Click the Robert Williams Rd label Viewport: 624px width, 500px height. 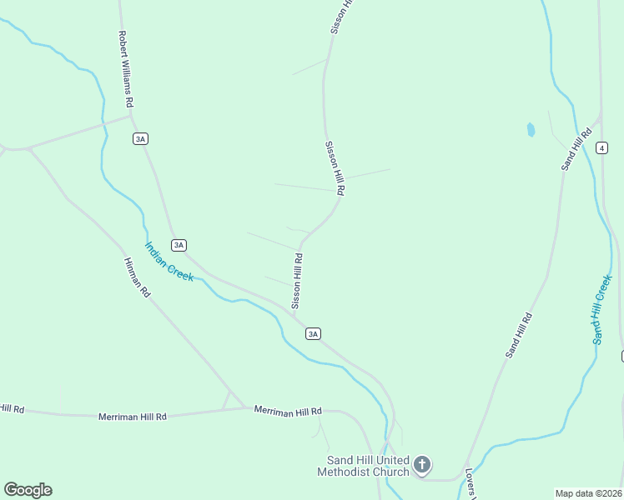click(x=126, y=69)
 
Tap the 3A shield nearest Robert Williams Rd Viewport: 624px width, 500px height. click(x=140, y=139)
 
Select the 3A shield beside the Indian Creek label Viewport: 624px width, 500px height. click(x=179, y=245)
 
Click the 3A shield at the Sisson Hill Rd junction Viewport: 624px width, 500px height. click(x=313, y=333)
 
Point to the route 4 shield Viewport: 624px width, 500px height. click(x=601, y=147)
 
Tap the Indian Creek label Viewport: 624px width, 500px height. click(x=169, y=262)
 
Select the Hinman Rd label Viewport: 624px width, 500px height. click(x=137, y=277)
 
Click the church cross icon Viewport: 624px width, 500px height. click(x=422, y=464)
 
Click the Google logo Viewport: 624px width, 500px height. click(x=28, y=490)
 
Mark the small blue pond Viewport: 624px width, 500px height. click(x=531, y=129)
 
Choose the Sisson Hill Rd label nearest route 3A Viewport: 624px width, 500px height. click(x=297, y=282)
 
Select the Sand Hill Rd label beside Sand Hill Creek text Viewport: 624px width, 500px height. click(x=518, y=336)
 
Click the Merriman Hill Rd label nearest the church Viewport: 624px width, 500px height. click(x=288, y=412)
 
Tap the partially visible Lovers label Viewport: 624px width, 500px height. click(x=471, y=482)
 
